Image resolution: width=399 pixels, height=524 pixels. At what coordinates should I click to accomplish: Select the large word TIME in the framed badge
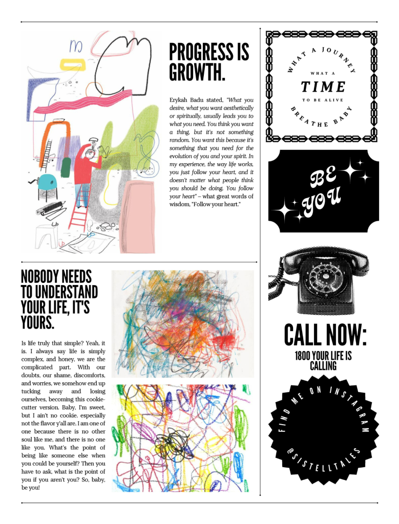tap(323, 86)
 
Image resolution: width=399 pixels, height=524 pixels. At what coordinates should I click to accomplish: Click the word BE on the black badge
tap(323, 180)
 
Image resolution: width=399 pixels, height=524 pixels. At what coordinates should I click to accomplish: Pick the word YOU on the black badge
tap(322, 203)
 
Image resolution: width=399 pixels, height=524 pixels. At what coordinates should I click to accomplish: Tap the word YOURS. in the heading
tap(37, 323)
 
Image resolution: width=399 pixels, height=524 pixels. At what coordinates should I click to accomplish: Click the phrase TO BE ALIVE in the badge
tap(323, 100)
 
